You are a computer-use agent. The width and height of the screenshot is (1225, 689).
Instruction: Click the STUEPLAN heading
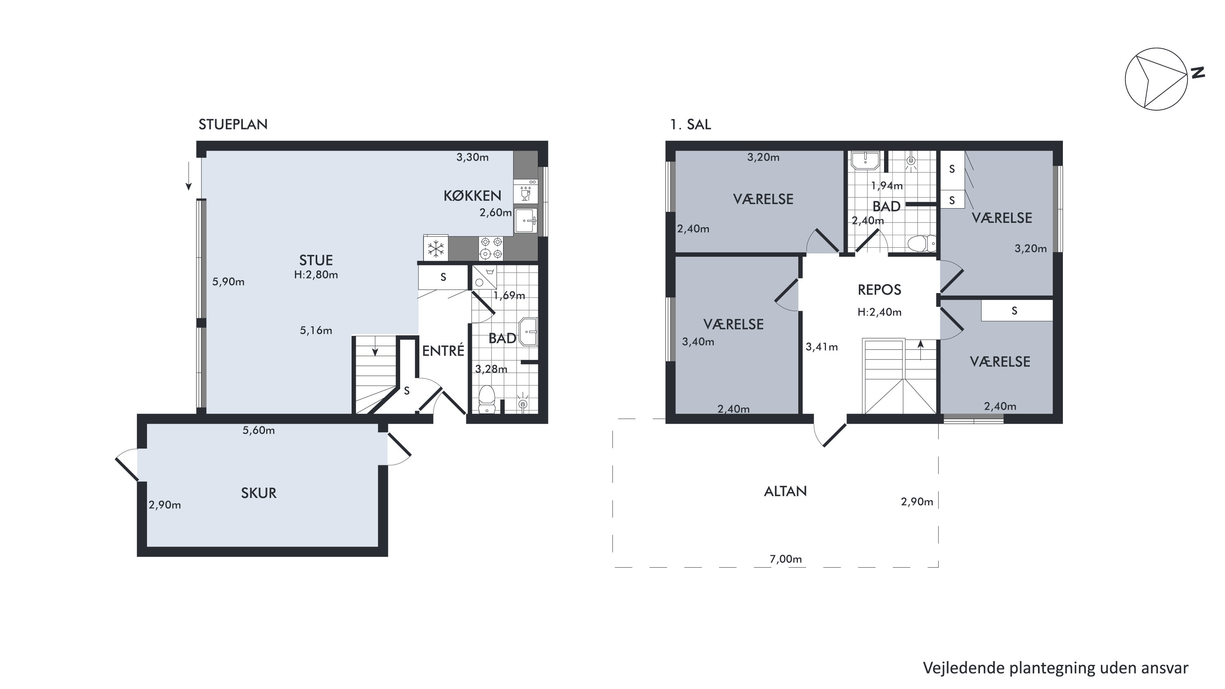tap(233, 124)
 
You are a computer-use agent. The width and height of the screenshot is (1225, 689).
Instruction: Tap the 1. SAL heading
tap(690, 124)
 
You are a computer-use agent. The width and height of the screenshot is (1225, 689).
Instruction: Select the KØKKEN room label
tap(472, 196)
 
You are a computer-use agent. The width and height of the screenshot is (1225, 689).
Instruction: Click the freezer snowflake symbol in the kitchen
tap(436, 249)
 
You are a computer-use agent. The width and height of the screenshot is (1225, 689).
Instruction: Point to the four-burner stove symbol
tap(491, 248)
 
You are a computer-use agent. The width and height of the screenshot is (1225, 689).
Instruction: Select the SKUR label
tap(259, 493)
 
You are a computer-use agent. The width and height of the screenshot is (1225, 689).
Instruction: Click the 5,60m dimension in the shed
tap(259, 430)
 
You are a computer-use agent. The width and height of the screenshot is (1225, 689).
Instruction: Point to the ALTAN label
tap(786, 491)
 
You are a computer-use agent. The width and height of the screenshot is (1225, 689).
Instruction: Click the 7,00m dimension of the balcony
tap(786, 559)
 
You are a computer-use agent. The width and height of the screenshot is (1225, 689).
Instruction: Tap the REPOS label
tap(879, 289)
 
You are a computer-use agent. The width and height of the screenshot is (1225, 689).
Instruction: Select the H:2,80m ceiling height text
tap(316, 275)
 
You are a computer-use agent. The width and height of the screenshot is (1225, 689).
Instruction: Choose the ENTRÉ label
tap(443, 351)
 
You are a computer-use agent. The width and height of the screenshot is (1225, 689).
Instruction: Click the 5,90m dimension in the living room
tap(228, 282)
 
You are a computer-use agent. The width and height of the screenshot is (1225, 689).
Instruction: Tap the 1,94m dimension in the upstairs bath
tap(887, 186)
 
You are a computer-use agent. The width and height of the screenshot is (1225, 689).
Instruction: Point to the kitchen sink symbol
tap(526, 221)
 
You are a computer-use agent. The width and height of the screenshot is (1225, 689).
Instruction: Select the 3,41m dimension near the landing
tap(822, 347)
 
